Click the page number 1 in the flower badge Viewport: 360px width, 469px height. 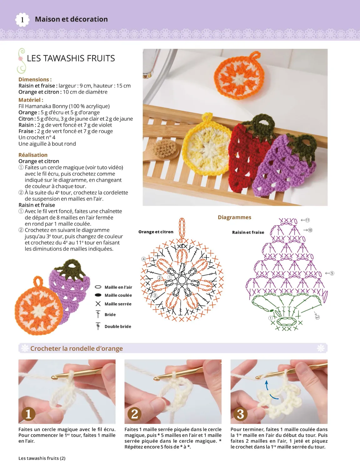coord(22,20)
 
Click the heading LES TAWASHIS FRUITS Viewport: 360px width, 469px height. coord(71,58)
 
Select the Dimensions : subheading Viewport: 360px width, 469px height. coord(35,79)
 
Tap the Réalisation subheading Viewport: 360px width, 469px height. coord(33,155)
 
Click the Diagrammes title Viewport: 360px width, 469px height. coord(234,217)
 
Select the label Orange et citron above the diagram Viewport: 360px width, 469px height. coord(156,232)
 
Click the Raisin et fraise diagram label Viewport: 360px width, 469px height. coord(248,232)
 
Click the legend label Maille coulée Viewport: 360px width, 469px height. coord(118,295)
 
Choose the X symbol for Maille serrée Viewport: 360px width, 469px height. coord(98,304)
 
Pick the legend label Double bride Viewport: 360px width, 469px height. coord(118,326)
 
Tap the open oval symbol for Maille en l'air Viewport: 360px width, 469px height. coord(98,287)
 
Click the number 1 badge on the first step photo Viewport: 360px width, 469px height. coord(28,414)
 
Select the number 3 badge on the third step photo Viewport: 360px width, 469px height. coord(241,414)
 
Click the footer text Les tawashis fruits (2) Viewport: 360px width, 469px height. coord(42,458)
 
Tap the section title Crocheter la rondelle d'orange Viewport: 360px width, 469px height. coord(76,348)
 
